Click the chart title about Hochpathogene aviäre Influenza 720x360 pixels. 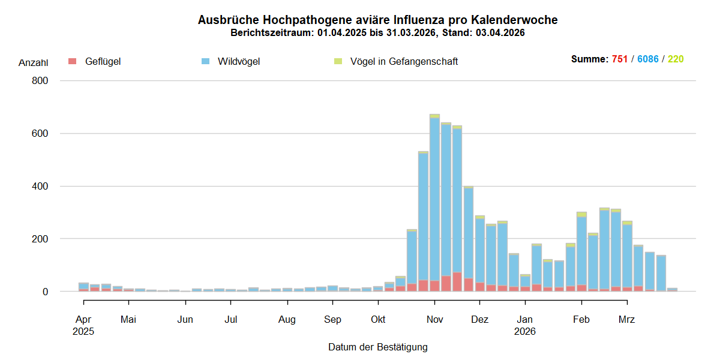coord(377,20)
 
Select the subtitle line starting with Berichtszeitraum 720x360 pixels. coord(377,33)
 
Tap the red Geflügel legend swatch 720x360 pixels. coord(73,61)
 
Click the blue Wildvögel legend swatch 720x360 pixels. coord(205,61)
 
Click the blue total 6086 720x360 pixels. coord(648,59)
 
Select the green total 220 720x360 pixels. coord(676,59)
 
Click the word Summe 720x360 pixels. coord(589,59)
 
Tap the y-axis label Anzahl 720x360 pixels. coord(34,62)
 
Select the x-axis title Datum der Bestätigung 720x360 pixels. coord(377,347)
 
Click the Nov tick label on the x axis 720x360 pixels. coord(434,319)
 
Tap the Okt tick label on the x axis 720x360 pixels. coord(378,319)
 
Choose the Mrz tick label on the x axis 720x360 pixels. coord(626,319)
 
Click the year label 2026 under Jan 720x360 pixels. coord(525,331)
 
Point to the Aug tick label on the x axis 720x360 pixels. coord(287,319)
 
